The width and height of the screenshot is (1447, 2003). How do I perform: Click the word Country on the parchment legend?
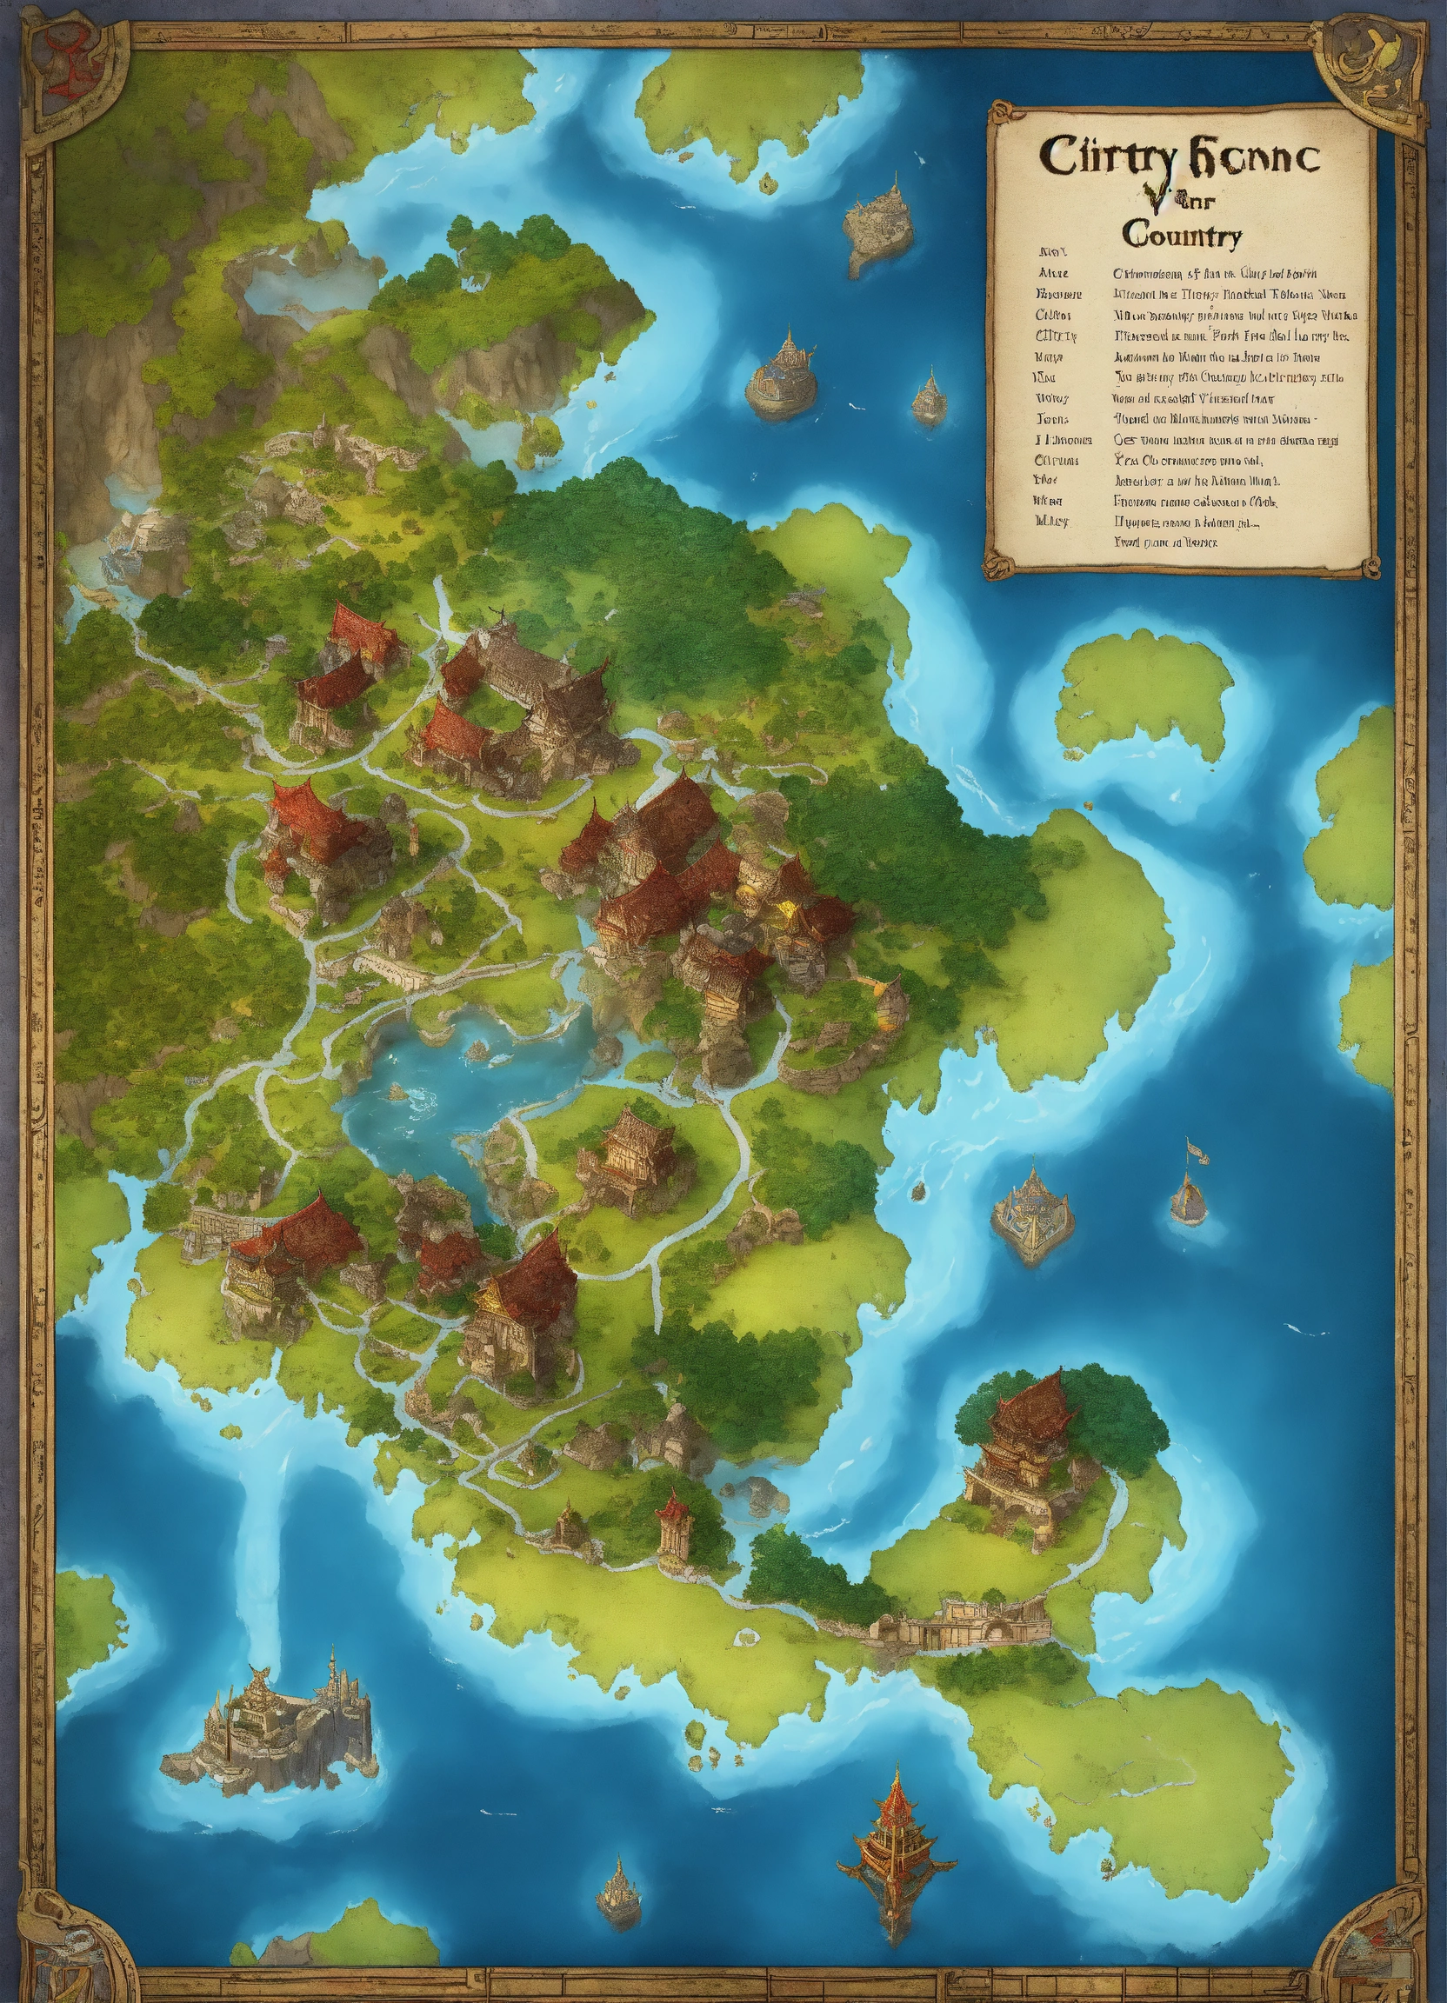click(1182, 236)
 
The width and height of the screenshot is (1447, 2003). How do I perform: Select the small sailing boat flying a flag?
click(1189, 1184)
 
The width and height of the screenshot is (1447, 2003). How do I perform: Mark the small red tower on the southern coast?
click(673, 1517)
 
